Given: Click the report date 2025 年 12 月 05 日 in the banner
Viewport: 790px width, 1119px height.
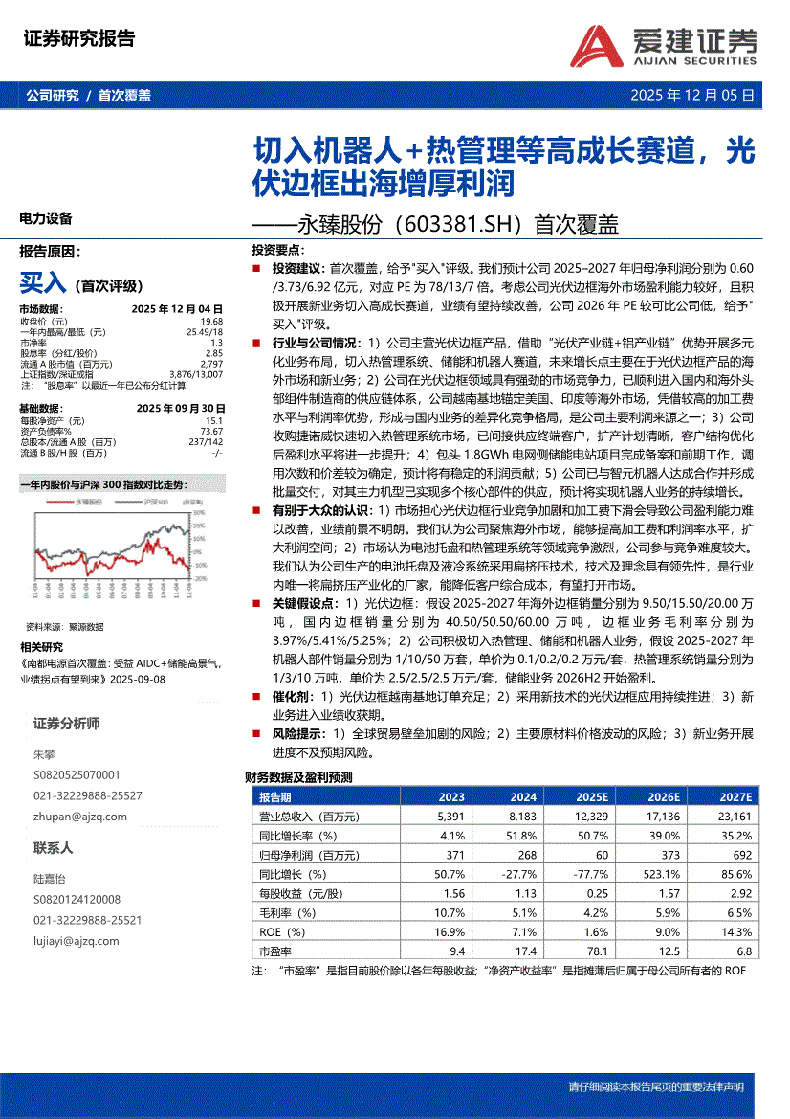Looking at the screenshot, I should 691,96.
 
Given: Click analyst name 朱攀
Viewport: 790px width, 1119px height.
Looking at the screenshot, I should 45,754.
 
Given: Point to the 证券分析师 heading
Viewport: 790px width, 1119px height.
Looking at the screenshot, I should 66,723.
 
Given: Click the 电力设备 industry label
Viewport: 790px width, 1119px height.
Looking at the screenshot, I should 46,218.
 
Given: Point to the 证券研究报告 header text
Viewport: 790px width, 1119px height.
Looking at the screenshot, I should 78,39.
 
